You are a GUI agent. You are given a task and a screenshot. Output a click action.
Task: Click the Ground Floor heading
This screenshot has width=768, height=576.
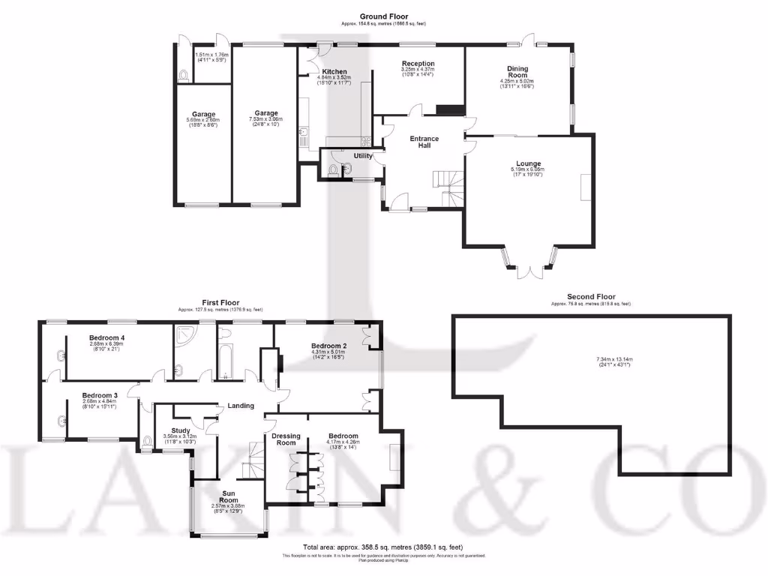(383, 16)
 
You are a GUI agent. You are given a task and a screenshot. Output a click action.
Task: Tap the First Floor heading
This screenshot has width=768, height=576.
(220, 302)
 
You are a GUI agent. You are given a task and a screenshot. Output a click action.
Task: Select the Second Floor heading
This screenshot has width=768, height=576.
(590, 297)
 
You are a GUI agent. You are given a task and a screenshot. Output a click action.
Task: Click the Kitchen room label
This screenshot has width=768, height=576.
(334, 72)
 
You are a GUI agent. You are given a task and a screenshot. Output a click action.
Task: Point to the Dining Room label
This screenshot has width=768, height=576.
(517, 72)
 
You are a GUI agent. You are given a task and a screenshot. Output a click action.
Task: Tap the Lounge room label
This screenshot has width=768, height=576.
(528, 163)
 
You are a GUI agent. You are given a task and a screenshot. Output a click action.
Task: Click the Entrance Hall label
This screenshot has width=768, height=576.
(424, 142)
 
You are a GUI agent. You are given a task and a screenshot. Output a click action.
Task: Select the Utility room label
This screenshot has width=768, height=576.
(363, 156)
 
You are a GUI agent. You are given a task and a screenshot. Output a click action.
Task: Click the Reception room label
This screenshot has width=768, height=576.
(418, 64)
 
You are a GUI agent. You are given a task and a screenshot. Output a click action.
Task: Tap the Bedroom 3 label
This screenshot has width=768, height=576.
(100, 395)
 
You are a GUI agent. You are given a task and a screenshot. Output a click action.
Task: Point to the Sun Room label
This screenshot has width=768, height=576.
(228, 496)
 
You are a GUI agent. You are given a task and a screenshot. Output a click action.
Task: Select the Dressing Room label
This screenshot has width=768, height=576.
(286, 439)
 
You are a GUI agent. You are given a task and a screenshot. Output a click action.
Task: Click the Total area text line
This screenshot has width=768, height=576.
(383, 547)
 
